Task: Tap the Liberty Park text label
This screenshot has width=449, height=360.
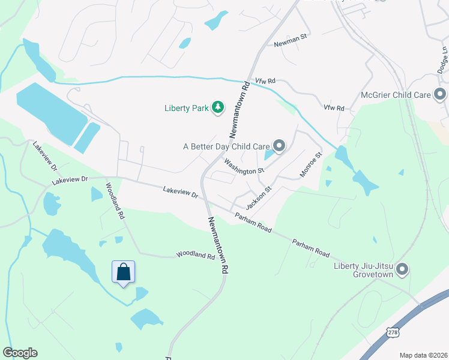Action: (186, 109)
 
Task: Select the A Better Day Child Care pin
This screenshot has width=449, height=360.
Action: (279, 146)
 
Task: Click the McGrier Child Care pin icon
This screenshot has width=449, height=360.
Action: (440, 95)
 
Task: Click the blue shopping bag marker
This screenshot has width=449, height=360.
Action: (124, 272)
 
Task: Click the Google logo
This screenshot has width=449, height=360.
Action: (20, 353)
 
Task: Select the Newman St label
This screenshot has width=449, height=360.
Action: (290, 40)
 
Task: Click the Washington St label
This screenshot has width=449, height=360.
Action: (244, 167)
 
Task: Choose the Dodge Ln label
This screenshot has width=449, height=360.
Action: (445, 60)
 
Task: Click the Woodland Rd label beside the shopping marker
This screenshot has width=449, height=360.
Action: (196, 256)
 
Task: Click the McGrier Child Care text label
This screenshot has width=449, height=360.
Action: (396, 95)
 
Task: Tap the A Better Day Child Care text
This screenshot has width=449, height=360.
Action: (226, 146)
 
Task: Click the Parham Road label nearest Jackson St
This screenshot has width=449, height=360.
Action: (253, 222)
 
